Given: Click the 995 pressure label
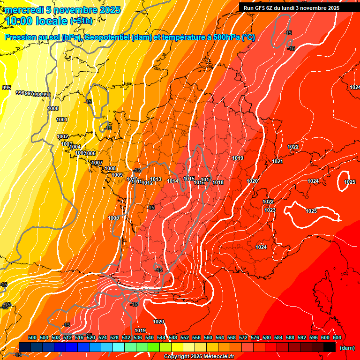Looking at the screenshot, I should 7,88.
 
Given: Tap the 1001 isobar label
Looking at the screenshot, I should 62,120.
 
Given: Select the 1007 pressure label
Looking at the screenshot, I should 97,163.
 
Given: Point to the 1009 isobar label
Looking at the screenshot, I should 118,175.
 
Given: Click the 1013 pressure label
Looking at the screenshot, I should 156,179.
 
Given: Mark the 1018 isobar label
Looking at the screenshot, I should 218,182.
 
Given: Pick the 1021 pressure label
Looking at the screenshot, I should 277,161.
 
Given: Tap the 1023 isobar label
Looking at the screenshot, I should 270,210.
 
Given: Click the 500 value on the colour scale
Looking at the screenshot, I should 32,337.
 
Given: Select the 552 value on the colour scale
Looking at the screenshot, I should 185,337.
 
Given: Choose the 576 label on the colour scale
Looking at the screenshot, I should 255,337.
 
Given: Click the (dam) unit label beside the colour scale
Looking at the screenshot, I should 347,347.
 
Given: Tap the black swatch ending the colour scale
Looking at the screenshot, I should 330,347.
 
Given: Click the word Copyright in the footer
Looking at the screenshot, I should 177,356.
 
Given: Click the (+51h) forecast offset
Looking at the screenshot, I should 81,21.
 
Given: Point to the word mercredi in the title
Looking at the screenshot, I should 24,10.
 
